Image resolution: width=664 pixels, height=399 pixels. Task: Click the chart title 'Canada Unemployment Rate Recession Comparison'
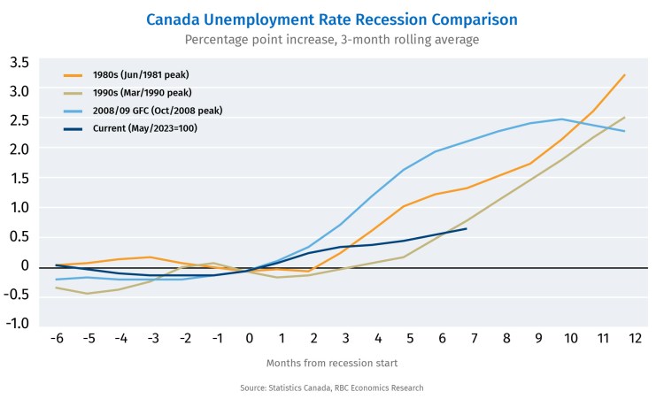(332, 19)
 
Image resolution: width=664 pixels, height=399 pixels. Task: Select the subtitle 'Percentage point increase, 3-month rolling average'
(332, 40)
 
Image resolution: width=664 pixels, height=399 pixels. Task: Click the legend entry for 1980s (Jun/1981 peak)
(141, 74)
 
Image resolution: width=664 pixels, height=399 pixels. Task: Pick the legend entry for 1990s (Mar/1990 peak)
(143, 92)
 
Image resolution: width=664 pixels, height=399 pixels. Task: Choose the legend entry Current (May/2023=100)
(147, 128)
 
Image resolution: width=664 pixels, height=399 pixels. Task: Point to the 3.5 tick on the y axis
(19, 63)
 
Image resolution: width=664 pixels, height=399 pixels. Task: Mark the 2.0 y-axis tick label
(19, 150)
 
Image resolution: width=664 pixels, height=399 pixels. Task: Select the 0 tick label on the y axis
(25, 265)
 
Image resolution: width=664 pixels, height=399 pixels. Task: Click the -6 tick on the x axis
(58, 339)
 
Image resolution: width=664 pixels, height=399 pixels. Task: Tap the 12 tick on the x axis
(634, 339)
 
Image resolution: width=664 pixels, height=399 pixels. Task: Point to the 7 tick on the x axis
(474, 339)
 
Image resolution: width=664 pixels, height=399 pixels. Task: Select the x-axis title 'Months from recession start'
(332, 363)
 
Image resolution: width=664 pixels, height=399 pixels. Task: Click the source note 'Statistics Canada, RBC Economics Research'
(332, 387)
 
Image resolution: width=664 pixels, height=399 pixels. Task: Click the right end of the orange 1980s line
(625, 75)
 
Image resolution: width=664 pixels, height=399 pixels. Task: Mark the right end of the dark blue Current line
(466, 228)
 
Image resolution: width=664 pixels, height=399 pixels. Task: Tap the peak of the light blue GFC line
(560, 119)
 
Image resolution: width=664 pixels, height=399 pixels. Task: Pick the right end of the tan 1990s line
(625, 118)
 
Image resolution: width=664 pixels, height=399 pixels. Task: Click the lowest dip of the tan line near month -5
(87, 293)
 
